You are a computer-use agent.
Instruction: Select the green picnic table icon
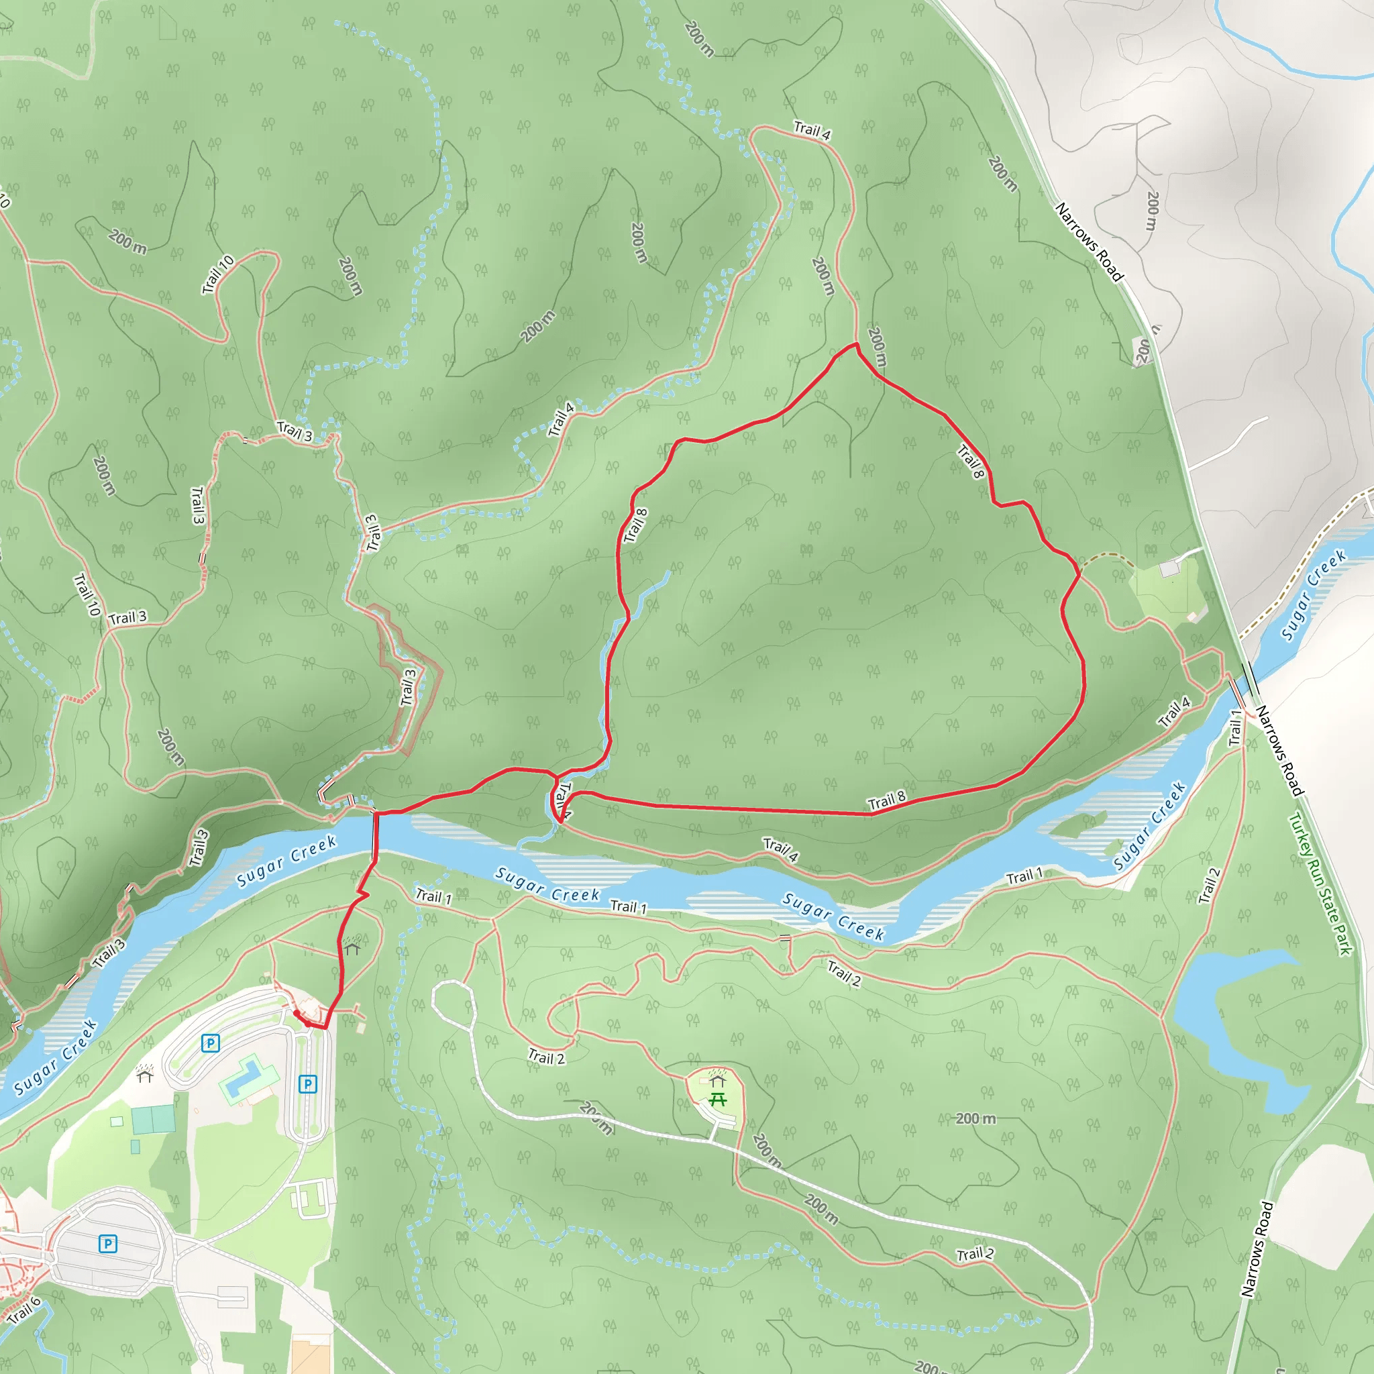[718, 1100]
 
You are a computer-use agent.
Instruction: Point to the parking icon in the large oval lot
[107, 1243]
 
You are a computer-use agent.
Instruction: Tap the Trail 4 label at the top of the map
[812, 130]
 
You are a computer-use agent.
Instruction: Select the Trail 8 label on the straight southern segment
[887, 801]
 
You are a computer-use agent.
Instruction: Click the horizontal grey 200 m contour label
[975, 1118]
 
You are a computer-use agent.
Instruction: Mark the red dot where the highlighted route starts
[296, 1011]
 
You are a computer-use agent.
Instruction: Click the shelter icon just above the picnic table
[718, 1079]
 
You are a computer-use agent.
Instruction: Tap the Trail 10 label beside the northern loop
[217, 274]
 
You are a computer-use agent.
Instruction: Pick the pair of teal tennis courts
[153, 1120]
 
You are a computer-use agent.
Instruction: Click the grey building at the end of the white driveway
[1169, 569]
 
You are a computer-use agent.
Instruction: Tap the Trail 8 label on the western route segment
[635, 525]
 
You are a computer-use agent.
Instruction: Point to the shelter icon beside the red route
[352, 947]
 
